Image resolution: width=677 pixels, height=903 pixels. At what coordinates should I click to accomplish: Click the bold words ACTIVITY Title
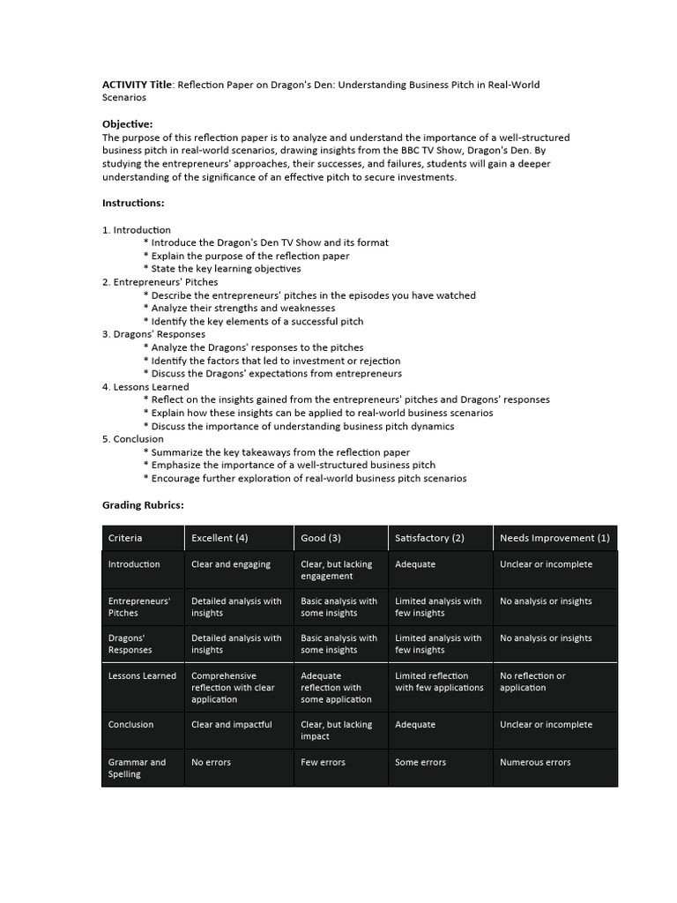pyautogui.click(x=138, y=85)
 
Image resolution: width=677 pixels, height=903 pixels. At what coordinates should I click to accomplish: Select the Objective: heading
pyautogui.click(x=127, y=124)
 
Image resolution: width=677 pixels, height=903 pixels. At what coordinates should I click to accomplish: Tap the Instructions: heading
pyautogui.click(x=133, y=203)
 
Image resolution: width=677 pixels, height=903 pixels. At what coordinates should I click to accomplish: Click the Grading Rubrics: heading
pyautogui.click(x=143, y=505)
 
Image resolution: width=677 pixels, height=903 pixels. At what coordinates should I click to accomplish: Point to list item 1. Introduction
pyautogui.click(x=137, y=229)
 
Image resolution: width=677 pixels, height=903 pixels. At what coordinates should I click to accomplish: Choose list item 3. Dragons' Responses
pyautogui.click(x=153, y=334)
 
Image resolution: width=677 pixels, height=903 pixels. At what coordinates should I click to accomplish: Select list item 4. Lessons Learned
pyautogui.click(x=145, y=386)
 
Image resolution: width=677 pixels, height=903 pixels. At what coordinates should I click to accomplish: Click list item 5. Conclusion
pyautogui.click(x=133, y=438)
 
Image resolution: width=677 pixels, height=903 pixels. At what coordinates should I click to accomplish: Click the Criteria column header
pyautogui.click(x=125, y=538)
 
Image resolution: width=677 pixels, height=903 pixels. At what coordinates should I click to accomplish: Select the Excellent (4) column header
pyautogui.click(x=219, y=538)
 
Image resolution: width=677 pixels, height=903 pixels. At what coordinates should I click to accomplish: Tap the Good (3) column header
pyautogui.click(x=321, y=538)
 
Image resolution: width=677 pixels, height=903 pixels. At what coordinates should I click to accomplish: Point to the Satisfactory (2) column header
pyautogui.click(x=429, y=538)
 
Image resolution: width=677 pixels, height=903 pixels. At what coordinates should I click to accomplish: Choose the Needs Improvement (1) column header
pyautogui.click(x=554, y=538)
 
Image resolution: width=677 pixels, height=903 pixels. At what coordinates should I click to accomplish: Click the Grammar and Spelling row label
pyautogui.click(x=137, y=768)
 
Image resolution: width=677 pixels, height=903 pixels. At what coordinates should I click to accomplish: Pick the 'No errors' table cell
pyautogui.click(x=211, y=762)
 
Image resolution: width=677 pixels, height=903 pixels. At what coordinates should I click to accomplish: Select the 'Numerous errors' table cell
pyautogui.click(x=535, y=762)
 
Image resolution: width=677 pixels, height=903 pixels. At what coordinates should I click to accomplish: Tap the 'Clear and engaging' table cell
pyautogui.click(x=231, y=564)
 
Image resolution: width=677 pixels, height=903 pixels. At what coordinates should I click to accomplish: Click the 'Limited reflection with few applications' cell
pyautogui.click(x=439, y=682)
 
